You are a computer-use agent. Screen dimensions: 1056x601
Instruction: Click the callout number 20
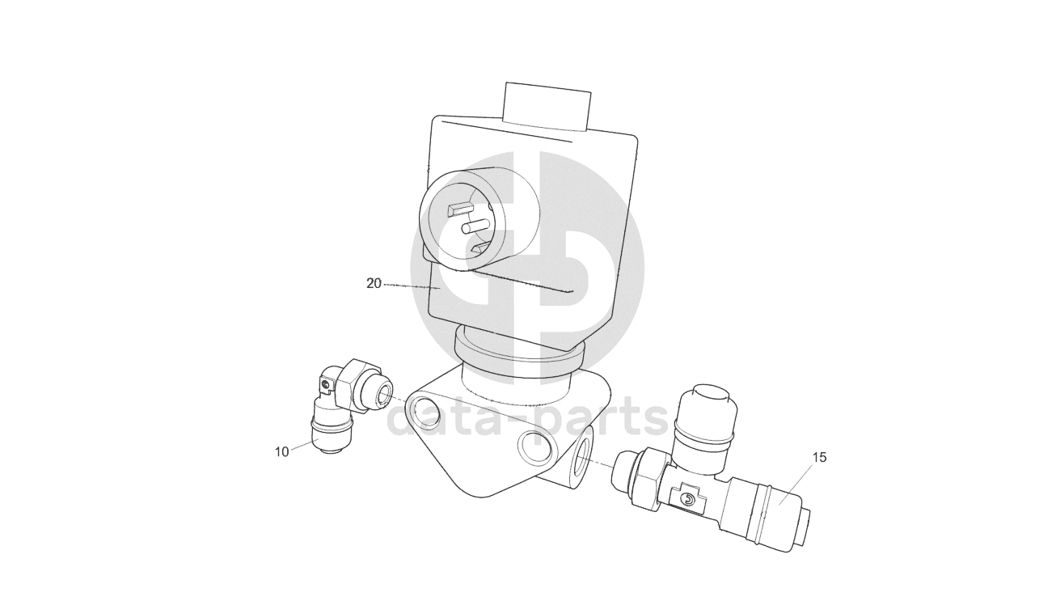coord(374,284)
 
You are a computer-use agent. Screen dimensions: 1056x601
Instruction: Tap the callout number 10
coord(281,452)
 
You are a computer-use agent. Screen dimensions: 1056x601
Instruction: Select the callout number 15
coord(819,457)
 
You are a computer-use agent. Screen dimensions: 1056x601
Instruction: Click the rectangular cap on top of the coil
coord(547,107)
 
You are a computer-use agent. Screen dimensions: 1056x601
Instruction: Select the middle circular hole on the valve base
coord(535,447)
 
